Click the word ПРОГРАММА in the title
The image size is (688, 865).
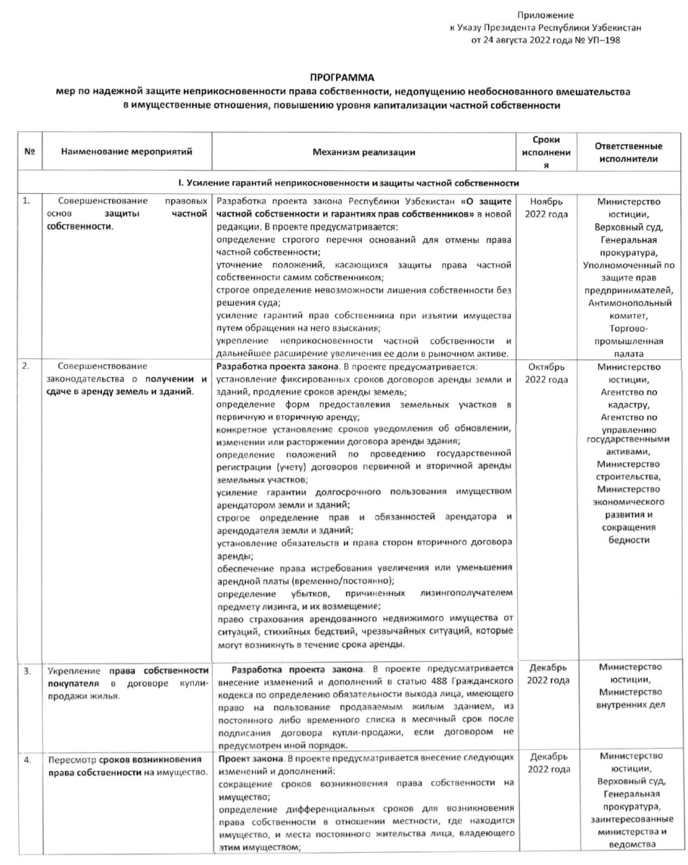coord(342,78)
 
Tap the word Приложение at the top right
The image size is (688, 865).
coord(545,15)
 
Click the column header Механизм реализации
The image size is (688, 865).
coord(364,153)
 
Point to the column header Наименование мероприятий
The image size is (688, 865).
coord(126,153)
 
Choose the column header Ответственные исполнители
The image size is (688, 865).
coord(628,153)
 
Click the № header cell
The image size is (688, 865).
coord(29,153)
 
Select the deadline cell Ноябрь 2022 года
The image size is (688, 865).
coord(546,207)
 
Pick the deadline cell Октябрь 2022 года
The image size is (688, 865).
coord(546,373)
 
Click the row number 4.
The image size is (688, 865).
coord(28,760)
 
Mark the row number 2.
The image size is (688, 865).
coord(26,367)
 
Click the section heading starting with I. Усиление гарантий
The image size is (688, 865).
coord(348,183)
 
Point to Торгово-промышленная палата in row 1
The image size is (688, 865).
coord(629,341)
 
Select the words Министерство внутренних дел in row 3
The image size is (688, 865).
coord(629,698)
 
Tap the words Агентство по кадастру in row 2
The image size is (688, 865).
coord(629,398)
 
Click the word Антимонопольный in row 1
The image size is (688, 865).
coord(629,303)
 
